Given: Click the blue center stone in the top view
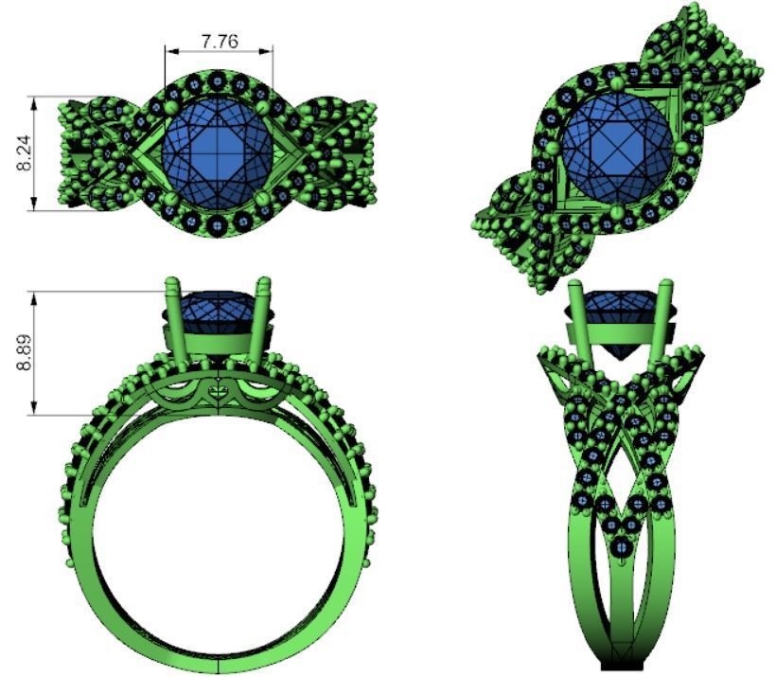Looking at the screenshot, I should click(219, 151).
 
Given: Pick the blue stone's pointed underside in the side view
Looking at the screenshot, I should click(618, 351).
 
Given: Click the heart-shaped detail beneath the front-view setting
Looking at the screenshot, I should click(218, 389).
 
